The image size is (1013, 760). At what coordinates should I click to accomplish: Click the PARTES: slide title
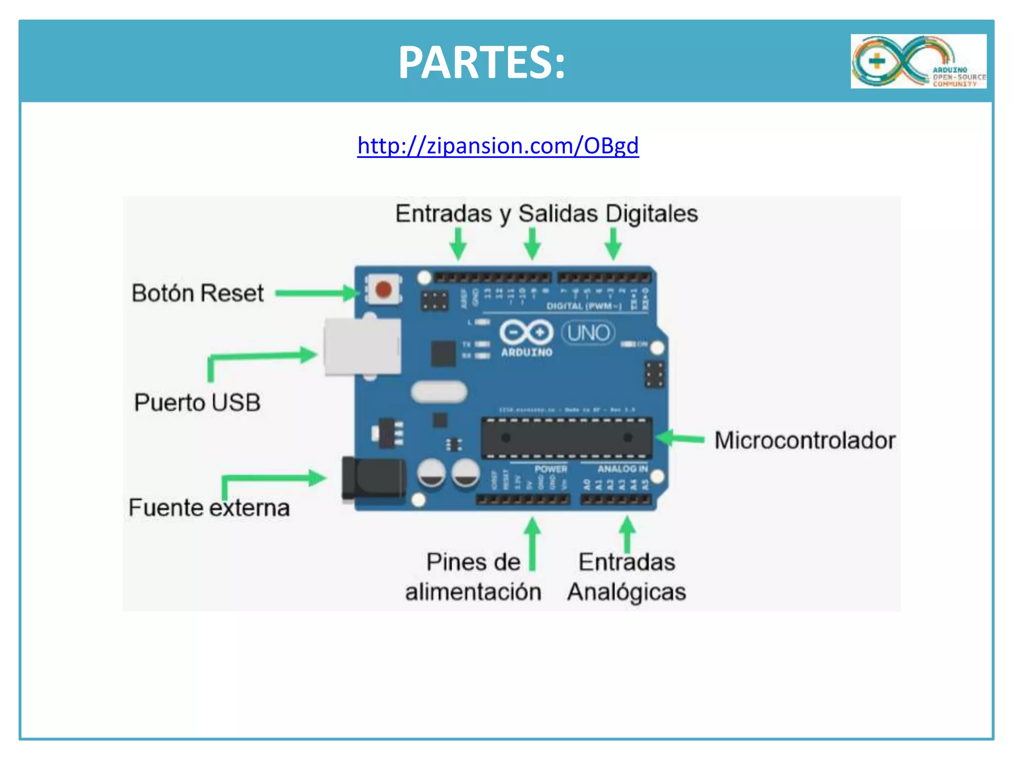[x=482, y=62]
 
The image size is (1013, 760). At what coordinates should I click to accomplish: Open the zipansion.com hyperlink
[x=498, y=146]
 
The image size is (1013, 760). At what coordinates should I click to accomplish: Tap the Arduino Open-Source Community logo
[x=918, y=61]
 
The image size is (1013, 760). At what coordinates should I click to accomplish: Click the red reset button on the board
[x=383, y=289]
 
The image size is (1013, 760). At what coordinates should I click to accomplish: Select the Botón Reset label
[x=197, y=293]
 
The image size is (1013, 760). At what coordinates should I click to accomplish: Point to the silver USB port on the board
[x=363, y=347]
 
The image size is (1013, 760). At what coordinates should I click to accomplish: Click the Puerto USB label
[x=197, y=402]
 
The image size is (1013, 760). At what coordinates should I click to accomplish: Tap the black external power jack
[x=374, y=478]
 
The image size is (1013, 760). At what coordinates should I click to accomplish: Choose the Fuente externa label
[x=209, y=508]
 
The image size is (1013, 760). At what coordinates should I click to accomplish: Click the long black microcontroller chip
[x=567, y=438]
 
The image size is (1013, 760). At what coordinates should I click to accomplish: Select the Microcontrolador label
[x=805, y=440]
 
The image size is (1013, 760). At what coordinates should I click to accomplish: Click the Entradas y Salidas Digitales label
[x=547, y=214]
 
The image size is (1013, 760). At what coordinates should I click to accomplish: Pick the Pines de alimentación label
[x=473, y=577]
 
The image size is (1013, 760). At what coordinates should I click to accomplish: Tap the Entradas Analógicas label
[x=627, y=577]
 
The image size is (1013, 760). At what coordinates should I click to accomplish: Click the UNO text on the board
[x=589, y=333]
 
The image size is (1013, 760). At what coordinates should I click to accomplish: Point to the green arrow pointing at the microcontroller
[x=680, y=438]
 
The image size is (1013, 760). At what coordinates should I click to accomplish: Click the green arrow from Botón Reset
[x=317, y=293]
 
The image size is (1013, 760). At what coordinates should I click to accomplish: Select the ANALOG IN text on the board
[x=622, y=469]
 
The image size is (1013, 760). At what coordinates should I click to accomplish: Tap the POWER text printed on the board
[x=551, y=469]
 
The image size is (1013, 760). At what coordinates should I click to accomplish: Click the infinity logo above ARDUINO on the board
[x=526, y=332]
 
